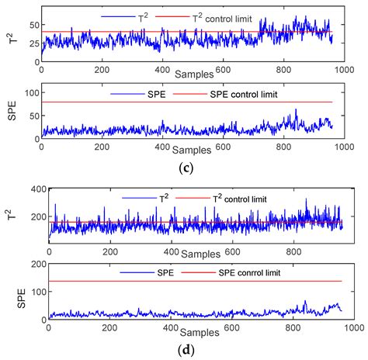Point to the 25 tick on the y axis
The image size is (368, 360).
tap(33, 41)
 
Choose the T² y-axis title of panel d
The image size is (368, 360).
tap(11, 220)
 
